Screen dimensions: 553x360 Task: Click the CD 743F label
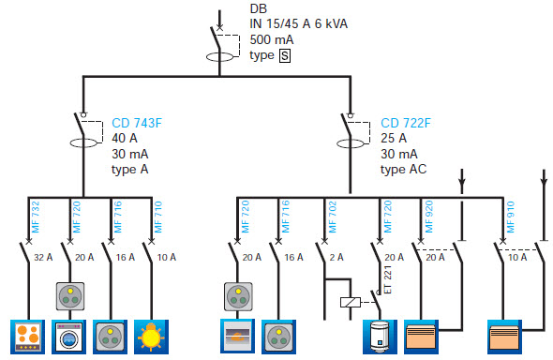[137, 123]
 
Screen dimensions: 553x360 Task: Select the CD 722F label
[406, 123]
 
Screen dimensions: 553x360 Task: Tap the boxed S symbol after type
[285, 55]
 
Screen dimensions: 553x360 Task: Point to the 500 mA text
[272, 39]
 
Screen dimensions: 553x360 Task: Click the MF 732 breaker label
[36, 217]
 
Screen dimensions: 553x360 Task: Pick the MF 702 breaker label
[333, 217]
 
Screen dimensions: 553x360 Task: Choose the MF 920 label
[429, 217]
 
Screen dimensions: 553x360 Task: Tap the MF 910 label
[510, 217]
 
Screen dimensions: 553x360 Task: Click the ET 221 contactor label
[388, 279]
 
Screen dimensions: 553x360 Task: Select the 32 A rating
[43, 257]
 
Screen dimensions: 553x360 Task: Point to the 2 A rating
[336, 257]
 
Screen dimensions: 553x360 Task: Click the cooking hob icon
[27, 337]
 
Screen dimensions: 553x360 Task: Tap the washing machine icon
[68, 337]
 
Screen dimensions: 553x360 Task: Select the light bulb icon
[151, 337]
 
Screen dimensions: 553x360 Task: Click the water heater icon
[380, 337]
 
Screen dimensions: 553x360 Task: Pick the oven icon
[237, 336]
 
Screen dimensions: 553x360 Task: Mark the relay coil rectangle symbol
[351, 302]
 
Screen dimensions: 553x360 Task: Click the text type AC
[403, 170]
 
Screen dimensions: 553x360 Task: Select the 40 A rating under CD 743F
[125, 138]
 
